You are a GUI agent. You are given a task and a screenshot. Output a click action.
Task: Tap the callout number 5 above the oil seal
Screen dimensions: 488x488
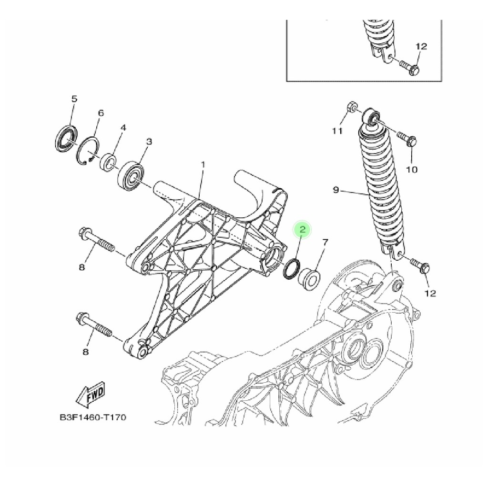pos(74,99)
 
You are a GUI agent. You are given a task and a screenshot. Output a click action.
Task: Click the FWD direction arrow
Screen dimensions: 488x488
pos(91,394)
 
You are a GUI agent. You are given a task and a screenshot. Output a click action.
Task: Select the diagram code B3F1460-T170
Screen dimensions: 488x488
pos(93,417)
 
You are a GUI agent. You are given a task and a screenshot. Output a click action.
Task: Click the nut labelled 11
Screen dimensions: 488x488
pos(352,107)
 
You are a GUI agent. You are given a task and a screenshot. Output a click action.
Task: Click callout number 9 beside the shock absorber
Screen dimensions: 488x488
pos(335,190)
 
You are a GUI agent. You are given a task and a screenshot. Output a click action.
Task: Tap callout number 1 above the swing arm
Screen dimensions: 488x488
pos(203,164)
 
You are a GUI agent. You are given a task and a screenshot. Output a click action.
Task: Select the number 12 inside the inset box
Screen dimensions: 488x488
pos(421,46)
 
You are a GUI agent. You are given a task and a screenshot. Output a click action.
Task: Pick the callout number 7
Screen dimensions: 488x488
pos(325,242)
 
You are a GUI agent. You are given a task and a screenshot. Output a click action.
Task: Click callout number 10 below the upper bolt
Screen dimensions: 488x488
pos(411,170)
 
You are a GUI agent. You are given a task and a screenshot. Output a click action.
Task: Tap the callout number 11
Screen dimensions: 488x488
pos(337,131)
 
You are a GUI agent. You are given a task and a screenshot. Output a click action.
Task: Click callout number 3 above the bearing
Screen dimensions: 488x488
pos(149,142)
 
